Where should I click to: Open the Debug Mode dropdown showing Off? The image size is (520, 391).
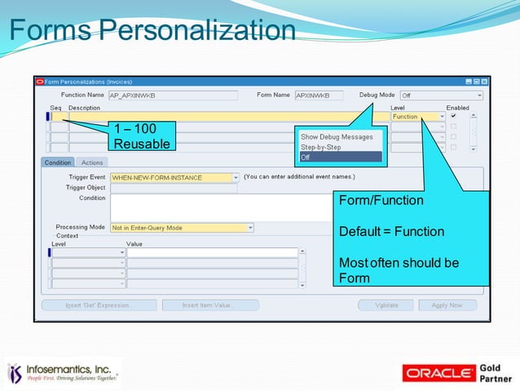440,96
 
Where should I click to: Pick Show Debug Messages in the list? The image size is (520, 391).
337,137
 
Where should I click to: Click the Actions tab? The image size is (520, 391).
92,162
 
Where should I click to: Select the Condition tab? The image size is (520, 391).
58,162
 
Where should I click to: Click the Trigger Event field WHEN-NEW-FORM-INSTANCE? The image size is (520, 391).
171,177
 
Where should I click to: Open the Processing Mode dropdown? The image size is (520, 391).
182,228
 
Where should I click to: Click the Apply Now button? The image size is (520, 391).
447,305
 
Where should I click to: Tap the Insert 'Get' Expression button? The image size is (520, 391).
99,305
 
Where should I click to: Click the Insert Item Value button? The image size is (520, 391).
210,305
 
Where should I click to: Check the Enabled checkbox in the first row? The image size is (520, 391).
453,117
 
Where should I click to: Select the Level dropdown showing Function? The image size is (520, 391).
418,117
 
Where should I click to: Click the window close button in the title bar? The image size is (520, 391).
484,82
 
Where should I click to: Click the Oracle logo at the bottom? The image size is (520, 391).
440,373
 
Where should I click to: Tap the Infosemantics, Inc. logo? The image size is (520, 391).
64,373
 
